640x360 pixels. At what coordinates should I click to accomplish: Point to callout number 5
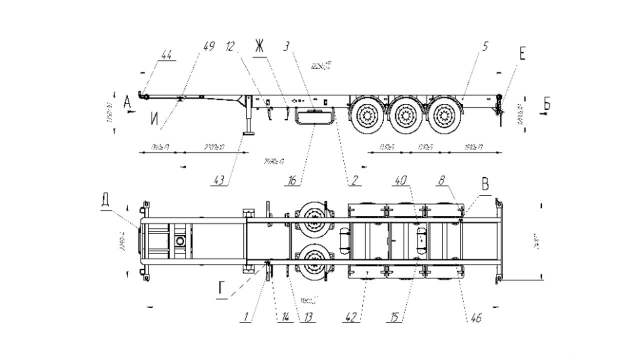(x=485, y=47)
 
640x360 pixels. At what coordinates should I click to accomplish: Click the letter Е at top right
(x=522, y=54)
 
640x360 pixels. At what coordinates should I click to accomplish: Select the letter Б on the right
(x=547, y=104)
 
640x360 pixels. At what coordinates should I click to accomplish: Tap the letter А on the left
(x=127, y=102)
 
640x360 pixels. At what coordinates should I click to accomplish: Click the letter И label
(x=155, y=119)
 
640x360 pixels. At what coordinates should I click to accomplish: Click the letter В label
(x=484, y=184)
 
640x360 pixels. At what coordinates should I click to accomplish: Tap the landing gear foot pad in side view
(x=248, y=133)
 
